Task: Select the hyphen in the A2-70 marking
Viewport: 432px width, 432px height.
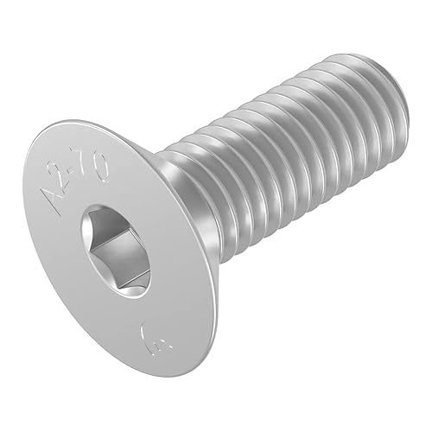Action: [77, 173]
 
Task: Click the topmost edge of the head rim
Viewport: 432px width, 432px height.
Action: [73, 123]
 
